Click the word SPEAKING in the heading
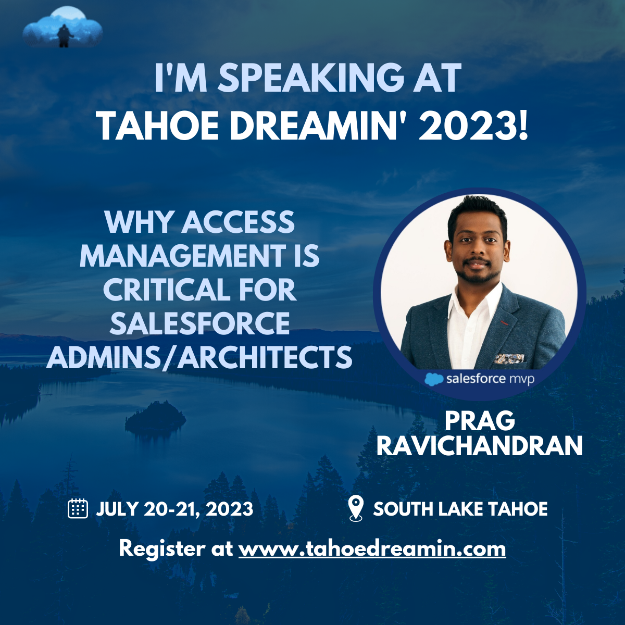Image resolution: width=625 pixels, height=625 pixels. tap(309, 79)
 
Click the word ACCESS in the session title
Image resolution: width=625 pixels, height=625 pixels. tap(238, 222)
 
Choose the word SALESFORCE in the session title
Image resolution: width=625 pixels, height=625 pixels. tap(199, 324)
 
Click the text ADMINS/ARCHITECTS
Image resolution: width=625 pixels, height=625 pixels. tap(199, 358)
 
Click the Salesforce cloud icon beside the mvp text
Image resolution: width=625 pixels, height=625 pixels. tap(434, 379)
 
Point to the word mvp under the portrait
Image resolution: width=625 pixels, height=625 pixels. tap(521, 379)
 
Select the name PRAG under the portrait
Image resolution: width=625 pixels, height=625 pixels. tap(480, 421)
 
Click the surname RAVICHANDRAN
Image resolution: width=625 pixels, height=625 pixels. tap(479, 446)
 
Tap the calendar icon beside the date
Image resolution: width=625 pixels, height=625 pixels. tap(78, 508)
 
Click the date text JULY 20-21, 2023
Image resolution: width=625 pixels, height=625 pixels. tap(174, 509)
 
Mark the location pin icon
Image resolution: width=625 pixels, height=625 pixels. tap(355, 508)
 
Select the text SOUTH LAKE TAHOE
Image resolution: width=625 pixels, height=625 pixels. tap(460, 509)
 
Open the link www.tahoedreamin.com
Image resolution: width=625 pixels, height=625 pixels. tap(372, 548)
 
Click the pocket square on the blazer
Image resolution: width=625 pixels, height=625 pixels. tap(508, 358)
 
